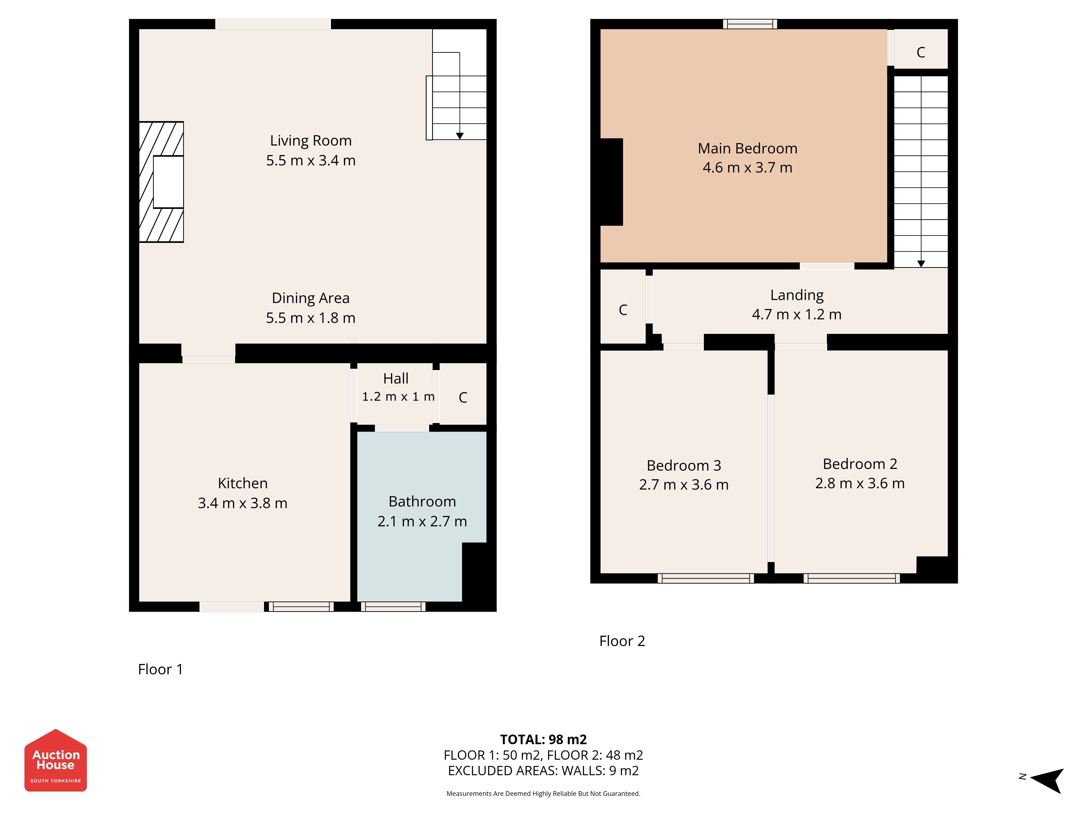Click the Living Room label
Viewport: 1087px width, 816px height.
[x=311, y=141]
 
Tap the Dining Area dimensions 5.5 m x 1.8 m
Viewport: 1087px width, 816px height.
[x=311, y=318]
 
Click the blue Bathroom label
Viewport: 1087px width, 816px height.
[x=422, y=501]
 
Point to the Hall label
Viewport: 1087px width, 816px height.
[x=396, y=378]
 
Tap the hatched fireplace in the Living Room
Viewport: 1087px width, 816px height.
[x=161, y=182]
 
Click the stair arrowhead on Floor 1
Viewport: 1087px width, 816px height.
[x=460, y=136]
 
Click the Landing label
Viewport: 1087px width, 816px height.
[x=796, y=295]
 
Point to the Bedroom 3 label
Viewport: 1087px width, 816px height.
[x=683, y=465]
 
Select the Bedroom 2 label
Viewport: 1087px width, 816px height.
[x=860, y=464]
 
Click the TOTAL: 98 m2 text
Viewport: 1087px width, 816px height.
[x=543, y=739]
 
